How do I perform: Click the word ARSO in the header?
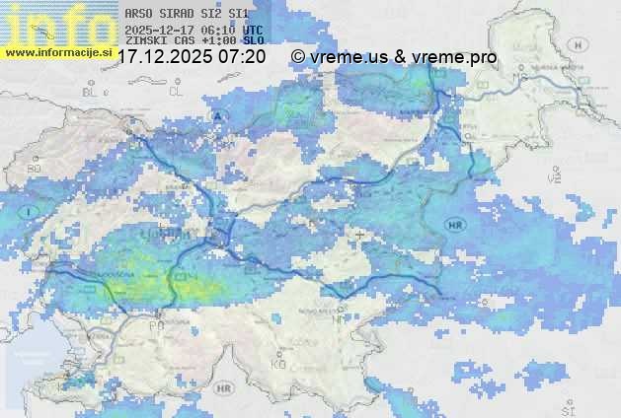tap(136, 14)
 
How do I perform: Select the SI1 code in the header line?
tap(238, 14)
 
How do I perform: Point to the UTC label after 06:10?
tap(252, 30)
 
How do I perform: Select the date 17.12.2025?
tap(164, 57)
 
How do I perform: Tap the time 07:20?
tap(242, 57)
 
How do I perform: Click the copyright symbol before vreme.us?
tap(297, 57)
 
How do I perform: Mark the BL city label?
tap(92, 92)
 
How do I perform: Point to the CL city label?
tap(177, 92)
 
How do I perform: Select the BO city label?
tap(34, 169)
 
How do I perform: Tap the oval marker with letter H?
tap(578, 44)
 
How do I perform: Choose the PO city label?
tap(156, 324)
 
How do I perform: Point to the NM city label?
tap(341, 318)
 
